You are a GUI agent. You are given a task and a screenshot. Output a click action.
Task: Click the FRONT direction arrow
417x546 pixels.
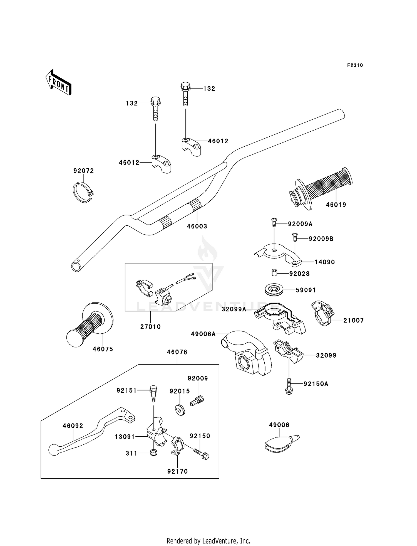click(x=59, y=83)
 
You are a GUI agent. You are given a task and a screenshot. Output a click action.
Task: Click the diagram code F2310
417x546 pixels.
click(x=355, y=65)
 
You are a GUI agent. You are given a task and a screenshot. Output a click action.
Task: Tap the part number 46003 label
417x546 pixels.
click(x=197, y=226)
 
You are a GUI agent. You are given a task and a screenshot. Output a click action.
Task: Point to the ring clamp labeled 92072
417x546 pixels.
click(x=83, y=192)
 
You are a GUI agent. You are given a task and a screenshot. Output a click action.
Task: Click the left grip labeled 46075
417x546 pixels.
click(x=90, y=324)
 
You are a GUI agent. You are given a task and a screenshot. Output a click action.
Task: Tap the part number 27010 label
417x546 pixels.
click(x=150, y=327)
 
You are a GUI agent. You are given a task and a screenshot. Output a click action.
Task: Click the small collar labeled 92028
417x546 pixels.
click(x=274, y=273)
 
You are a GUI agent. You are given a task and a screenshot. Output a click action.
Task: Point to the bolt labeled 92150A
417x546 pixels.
click(x=289, y=386)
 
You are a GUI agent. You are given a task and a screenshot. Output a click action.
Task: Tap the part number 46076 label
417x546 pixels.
click(x=177, y=352)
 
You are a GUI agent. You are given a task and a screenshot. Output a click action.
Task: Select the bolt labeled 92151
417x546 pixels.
click(x=153, y=393)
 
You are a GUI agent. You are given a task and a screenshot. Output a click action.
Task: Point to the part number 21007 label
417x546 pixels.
click(x=354, y=320)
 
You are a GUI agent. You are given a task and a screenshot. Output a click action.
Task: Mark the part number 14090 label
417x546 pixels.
click(x=325, y=262)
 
